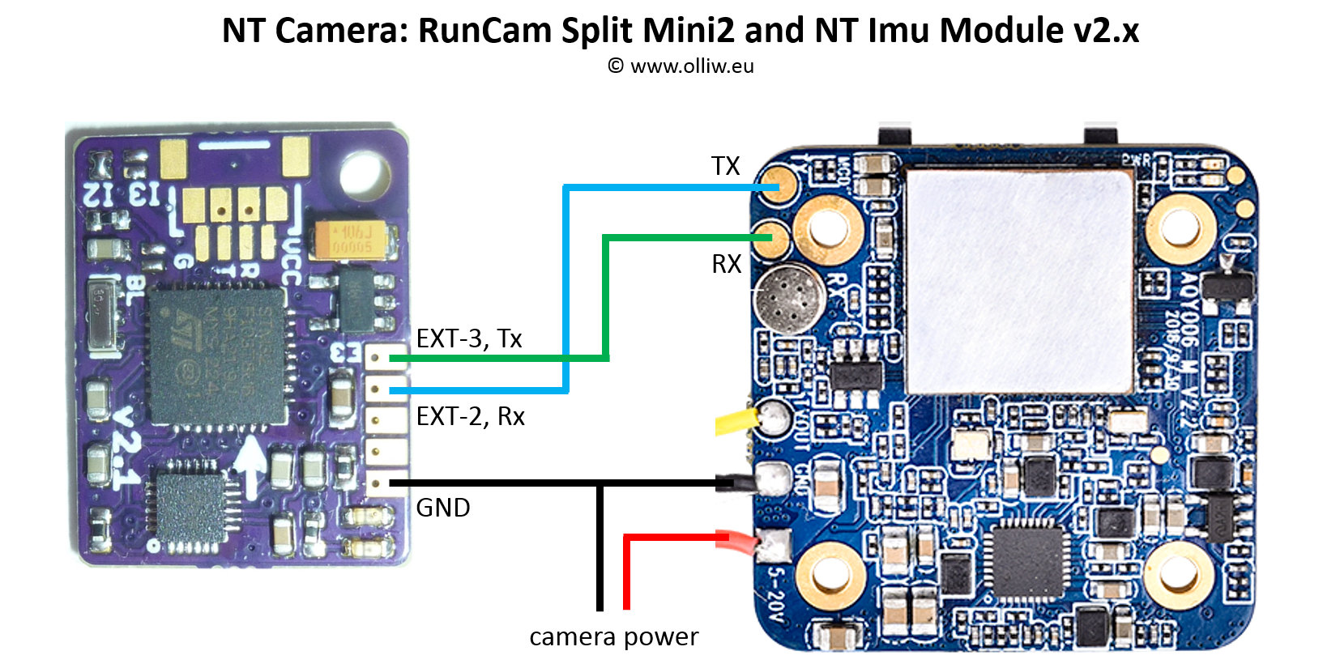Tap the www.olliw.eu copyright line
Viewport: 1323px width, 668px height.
pyautogui.click(x=681, y=66)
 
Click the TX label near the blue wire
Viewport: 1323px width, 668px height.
pyautogui.click(x=725, y=166)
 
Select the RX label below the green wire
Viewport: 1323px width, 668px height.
pyautogui.click(x=727, y=264)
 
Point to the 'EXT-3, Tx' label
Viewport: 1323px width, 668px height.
pyautogui.click(x=469, y=338)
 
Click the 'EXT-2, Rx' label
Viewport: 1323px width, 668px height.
pyautogui.click(x=470, y=416)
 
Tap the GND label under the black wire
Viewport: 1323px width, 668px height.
pyautogui.click(x=443, y=508)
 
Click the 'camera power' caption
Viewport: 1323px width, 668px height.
pyautogui.click(x=613, y=637)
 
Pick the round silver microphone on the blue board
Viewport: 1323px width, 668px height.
pyautogui.click(x=789, y=297)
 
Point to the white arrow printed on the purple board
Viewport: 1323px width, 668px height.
pyautogui.click(x=251, y=466)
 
